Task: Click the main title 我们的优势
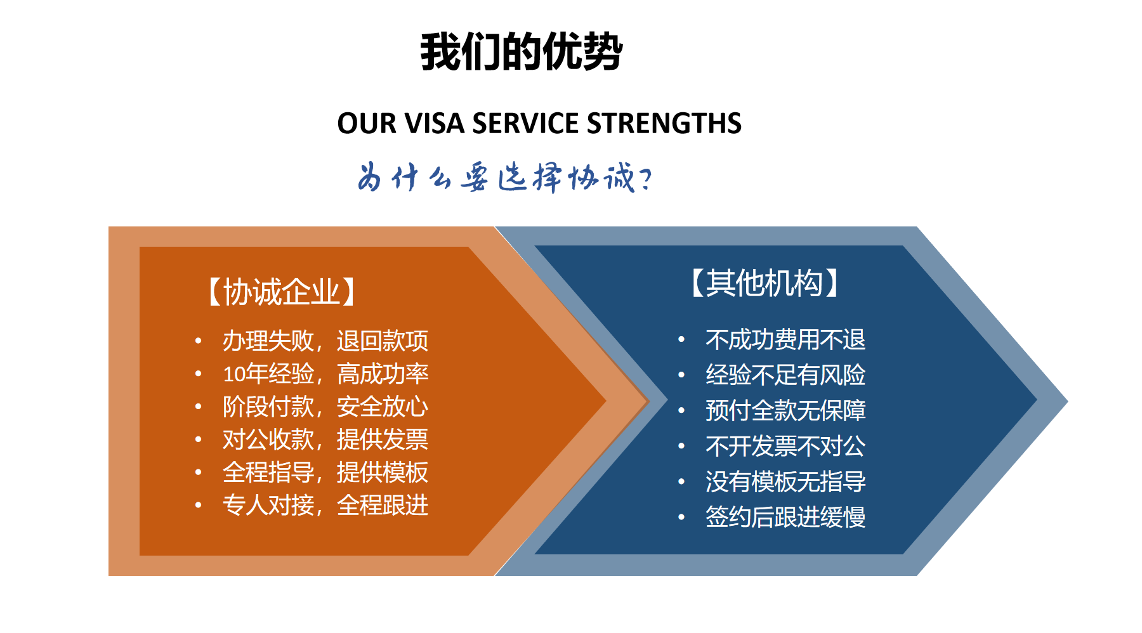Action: click(522, 51)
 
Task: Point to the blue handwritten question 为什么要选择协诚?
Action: click(504, 177)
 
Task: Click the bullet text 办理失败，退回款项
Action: click(325, 341)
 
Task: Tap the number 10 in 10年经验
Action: click(234, 374)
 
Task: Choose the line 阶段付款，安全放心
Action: click(325, 407)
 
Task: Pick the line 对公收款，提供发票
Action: click(325, 440)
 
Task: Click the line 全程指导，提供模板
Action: click(325, 473)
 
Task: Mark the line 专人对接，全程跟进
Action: click(325, 506)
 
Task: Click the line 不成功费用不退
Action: click(785, 339)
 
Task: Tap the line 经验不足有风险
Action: click(785, 375)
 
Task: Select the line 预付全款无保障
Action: click(785, 410)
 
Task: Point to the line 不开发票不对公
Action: click(785, 446)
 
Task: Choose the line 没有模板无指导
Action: click(785, 481)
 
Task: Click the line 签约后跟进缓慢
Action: click(785, 517)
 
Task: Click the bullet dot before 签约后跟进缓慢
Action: click(681, 518)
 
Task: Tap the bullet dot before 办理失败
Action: click(199, 341)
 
